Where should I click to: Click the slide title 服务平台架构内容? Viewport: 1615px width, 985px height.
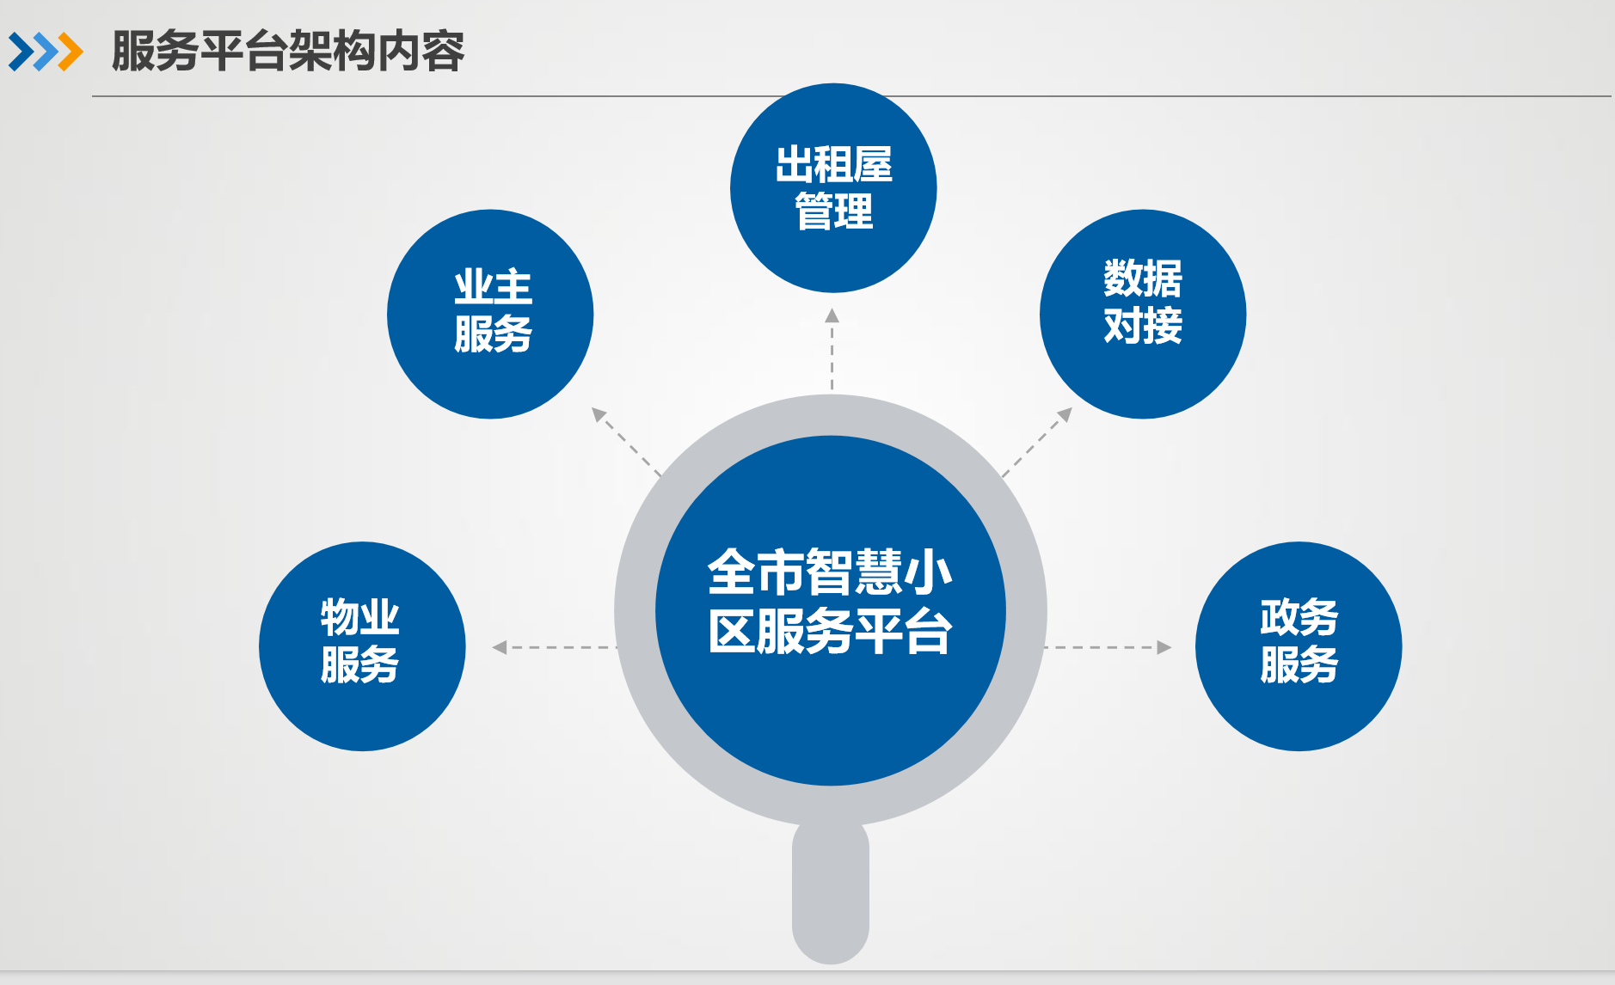(288, 51)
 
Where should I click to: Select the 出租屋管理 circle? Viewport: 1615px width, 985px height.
(833, 188)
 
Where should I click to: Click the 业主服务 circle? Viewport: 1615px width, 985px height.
(490, 314)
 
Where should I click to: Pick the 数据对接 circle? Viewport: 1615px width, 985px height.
(1143, 314)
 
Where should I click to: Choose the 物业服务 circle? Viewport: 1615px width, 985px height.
(362, 646)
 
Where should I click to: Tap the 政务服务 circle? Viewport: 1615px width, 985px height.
(1299, 646)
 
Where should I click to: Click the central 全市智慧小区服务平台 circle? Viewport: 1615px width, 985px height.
(831, 610)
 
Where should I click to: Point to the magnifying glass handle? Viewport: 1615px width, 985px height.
(831, 894)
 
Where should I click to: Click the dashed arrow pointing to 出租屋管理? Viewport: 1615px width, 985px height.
(832, 349)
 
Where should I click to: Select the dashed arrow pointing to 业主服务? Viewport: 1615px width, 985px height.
(627, 442)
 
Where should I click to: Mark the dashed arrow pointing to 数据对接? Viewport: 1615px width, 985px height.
(1037, 442)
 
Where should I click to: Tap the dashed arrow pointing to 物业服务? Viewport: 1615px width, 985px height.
(555, 647)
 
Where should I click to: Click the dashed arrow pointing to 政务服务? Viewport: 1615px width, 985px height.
(1108, 647)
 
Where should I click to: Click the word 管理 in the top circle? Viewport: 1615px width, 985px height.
(833, 211)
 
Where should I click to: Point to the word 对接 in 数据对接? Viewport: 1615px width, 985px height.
(1143, 326)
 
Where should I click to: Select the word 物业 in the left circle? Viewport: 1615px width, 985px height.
(360, 617)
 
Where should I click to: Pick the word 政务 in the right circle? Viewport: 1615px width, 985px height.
(1299, 617)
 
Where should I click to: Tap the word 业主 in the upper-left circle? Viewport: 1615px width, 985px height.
(494, 286)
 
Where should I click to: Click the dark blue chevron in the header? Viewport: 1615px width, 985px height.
(22, 52)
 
